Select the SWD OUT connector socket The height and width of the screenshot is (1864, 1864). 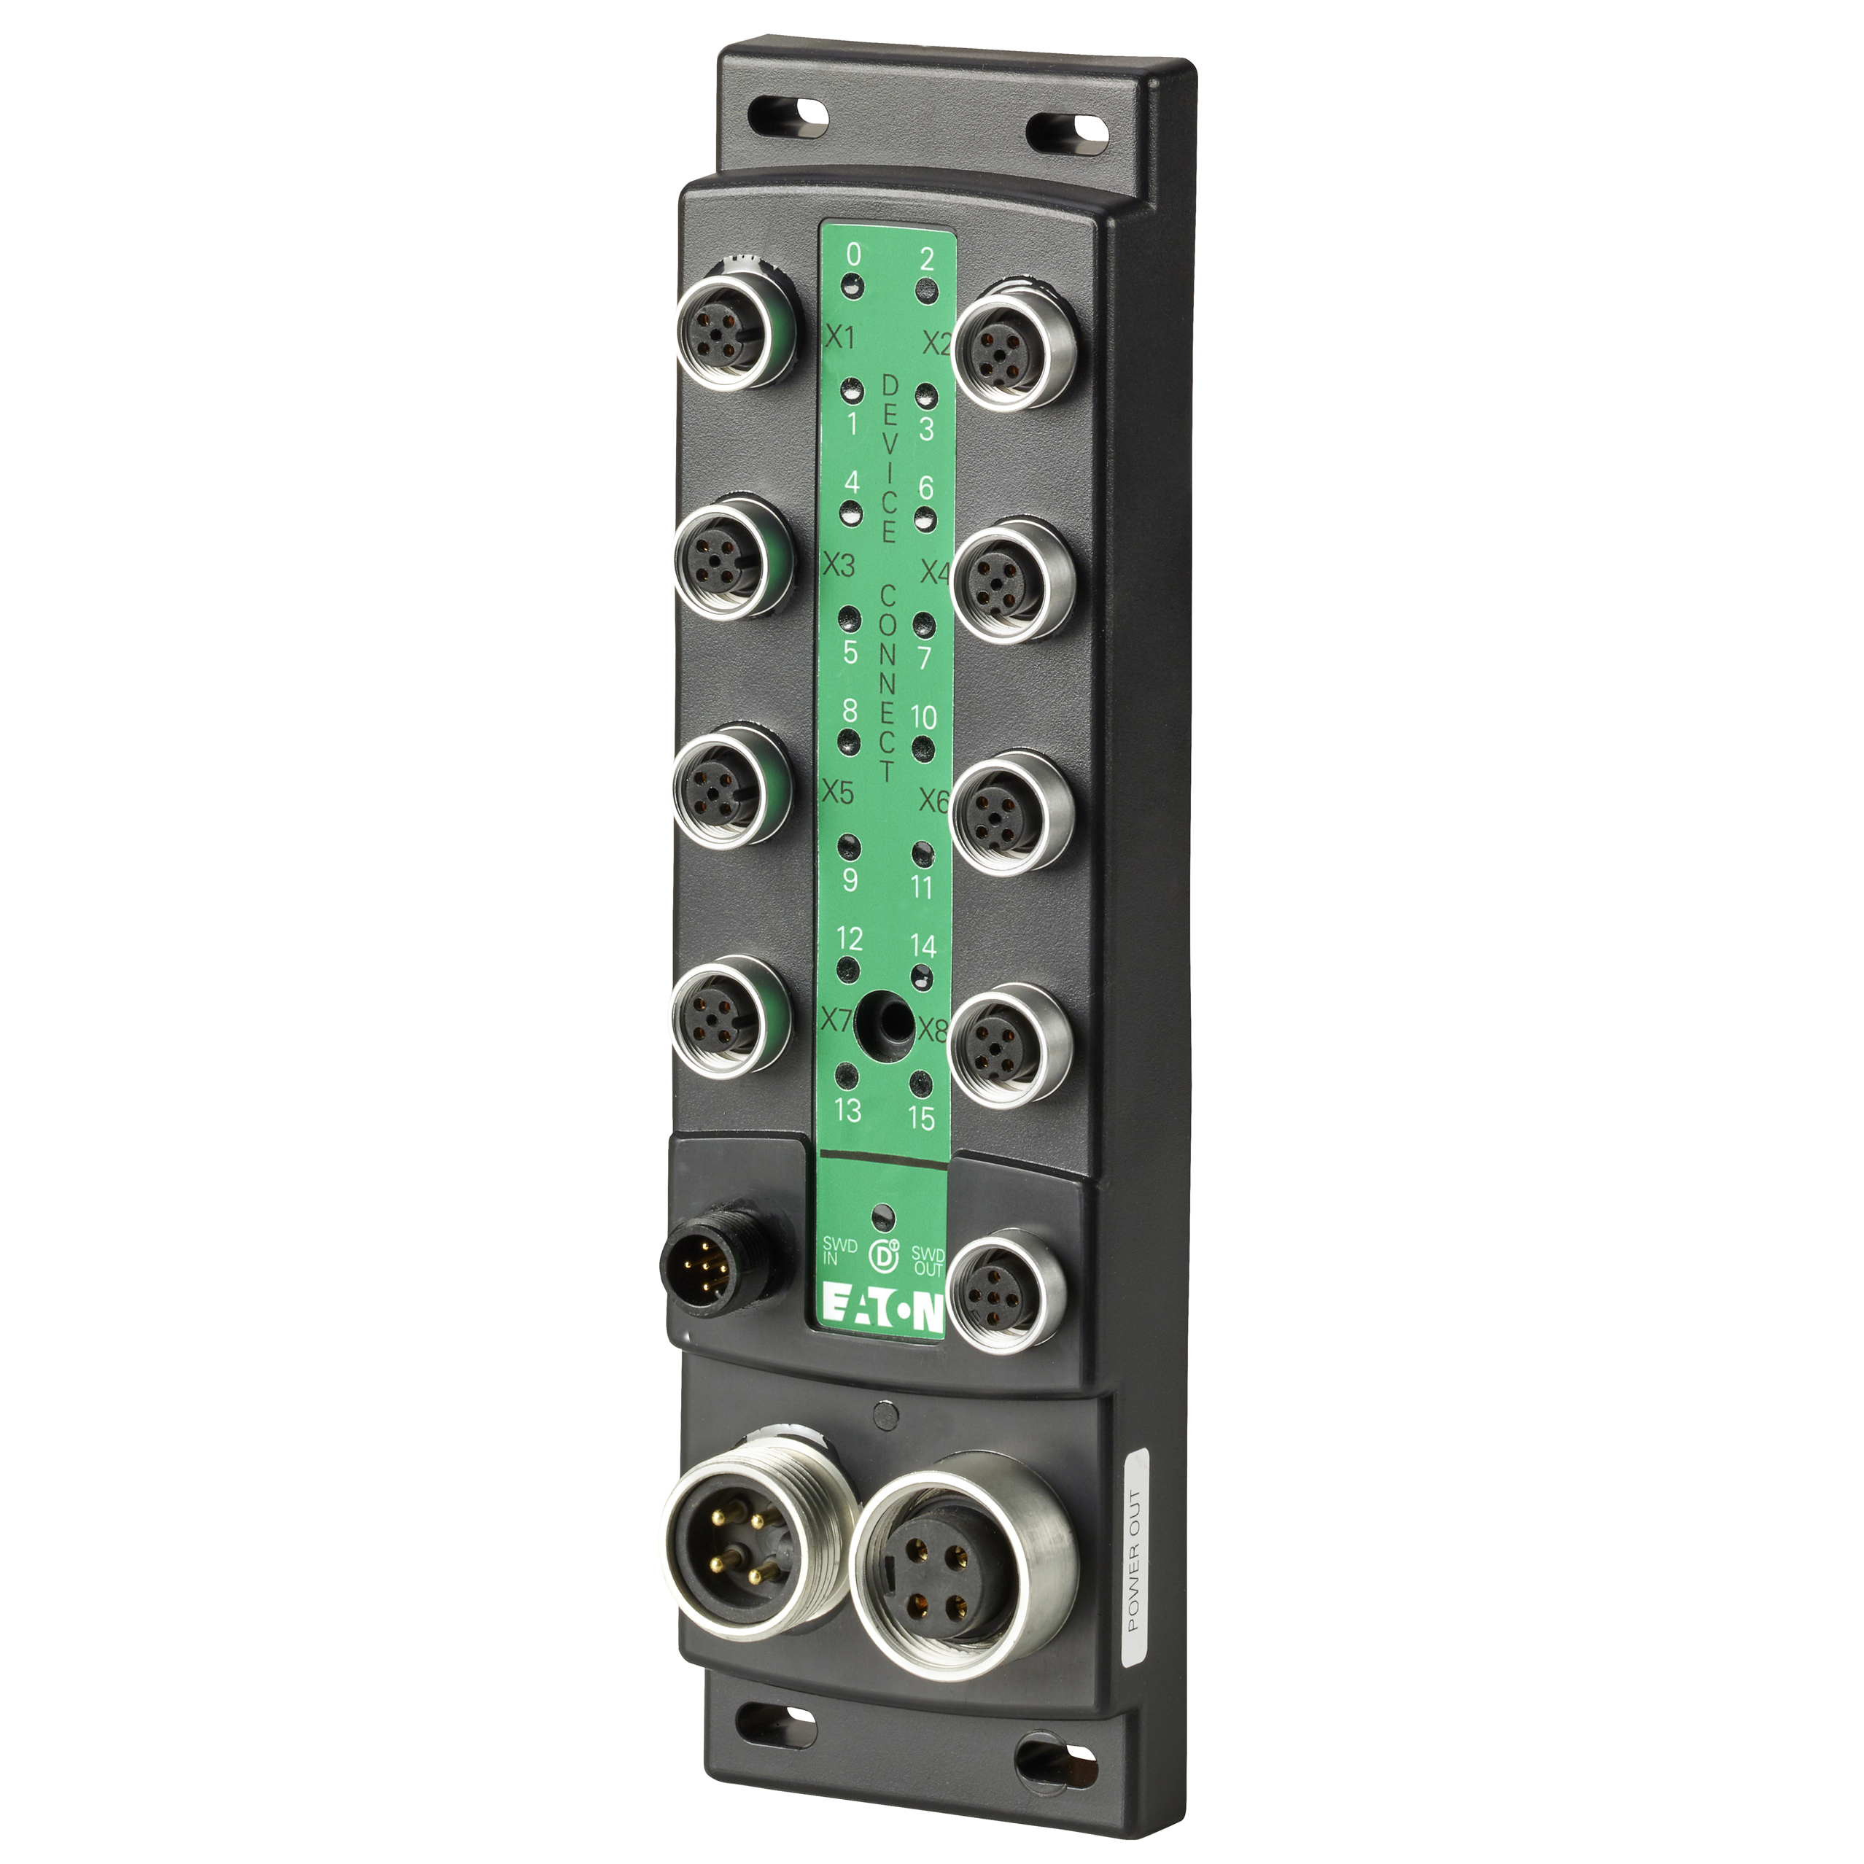[1006, 1291]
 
